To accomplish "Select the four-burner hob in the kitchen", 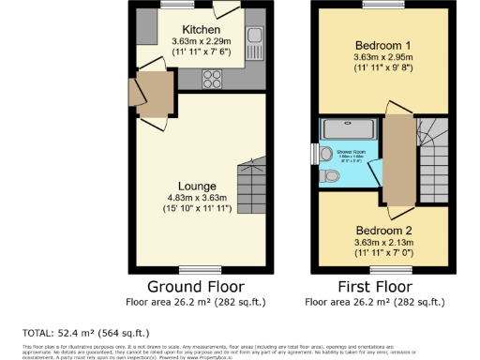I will [212, 78].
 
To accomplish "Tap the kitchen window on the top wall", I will [172, 5].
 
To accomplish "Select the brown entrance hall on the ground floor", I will [151, 94].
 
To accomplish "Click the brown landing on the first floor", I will [397, 159].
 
